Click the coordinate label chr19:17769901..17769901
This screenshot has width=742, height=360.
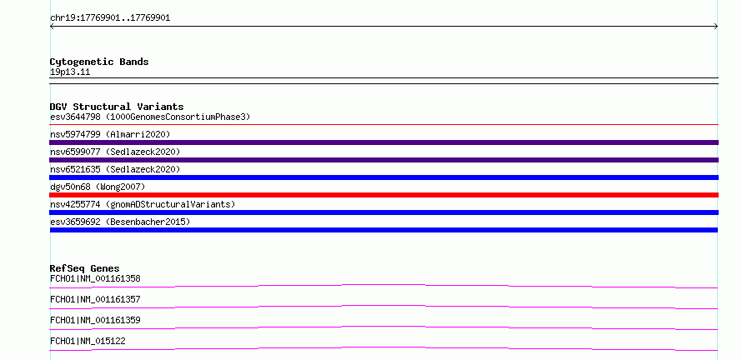pyautogui.click(x=110, y=18)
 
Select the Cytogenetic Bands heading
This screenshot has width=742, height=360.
pyautogui.click(x=99, y=62)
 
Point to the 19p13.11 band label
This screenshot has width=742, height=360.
pyautogui.click(x=70, y=72)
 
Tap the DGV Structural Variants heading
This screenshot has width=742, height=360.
pyautogui.click(x=117, y=107)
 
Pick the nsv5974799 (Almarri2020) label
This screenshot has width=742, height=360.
pyautogui.click(x=110, y=134)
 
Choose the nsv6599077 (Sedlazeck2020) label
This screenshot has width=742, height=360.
pyautogui.click(x=115, y=152)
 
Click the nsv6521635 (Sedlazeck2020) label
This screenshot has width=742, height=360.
pyautogui.click(x=115, y=169)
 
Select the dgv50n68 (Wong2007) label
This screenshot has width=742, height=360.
pyautogui.click(x=98, y=187)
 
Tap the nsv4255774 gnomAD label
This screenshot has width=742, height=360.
pyautogui.click(x=143, y=204)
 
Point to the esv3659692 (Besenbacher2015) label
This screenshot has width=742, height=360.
pyautogui.click(x=120, y=222)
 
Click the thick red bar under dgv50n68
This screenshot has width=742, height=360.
pyautogui.click(x=384, y=195)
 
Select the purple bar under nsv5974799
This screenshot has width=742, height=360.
pyautogui.click(x=384, y=142)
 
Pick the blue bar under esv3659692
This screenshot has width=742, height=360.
pyautogui.click(x=384, y=230)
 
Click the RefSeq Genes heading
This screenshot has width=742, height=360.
pyautogui.click(x=85, y=268)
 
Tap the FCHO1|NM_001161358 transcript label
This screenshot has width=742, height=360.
pyautogui.click(x=95, y=278)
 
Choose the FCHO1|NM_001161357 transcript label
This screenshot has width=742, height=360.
pyautogui.click(x=95, y=299)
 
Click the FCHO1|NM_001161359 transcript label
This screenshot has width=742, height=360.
pyautogui.click(x=95, y=320)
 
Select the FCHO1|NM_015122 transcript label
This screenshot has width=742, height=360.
pyautogui.click(x=88, y=341)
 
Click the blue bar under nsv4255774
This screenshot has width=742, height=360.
pyautogui.click(x=384, y=212)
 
